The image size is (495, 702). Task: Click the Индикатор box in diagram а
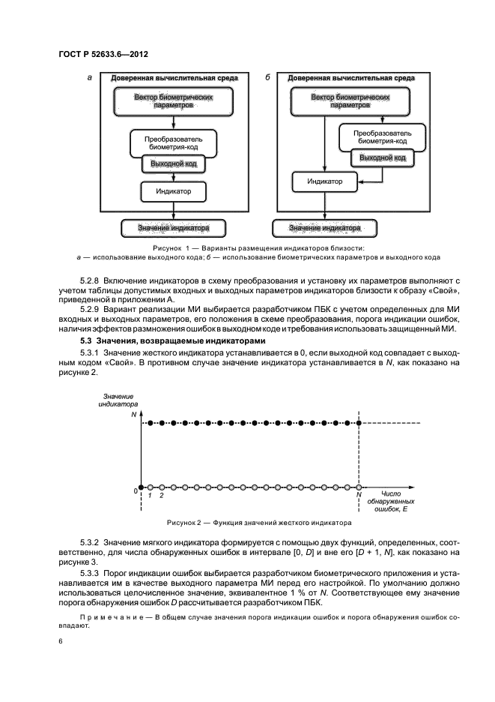click(x=173, y=191)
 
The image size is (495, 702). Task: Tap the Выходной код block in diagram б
click(x=382, y=158)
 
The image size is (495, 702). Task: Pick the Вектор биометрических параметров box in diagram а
click(x=173, y=102)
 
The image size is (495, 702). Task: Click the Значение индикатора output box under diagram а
click(x=173, y=227)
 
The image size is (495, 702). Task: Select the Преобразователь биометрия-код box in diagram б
click(x=382, y=134)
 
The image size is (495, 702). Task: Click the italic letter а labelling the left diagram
click(x=90, y=77)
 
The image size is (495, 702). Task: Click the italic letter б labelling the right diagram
click(x=268, y=77)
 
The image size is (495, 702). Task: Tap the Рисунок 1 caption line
click(x=247, y=247)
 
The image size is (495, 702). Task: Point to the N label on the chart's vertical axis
click(x=133, y=413)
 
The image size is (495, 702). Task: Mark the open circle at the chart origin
click(x=140, y=487)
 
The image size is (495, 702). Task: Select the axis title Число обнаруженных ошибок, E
click(x=391, y=502)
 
